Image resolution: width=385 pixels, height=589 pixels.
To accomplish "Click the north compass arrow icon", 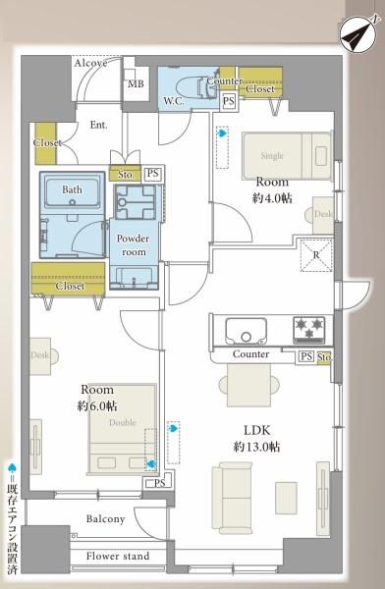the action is (x=358, y=34).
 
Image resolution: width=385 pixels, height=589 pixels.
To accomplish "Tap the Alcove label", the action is (x=90, y=63).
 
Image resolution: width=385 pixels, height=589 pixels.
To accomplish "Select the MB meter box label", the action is (x=136, y=83).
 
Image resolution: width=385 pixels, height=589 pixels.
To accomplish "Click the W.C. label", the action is (x=173, y=101).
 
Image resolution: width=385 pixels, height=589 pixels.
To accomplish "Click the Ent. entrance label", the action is (x=98, y=125).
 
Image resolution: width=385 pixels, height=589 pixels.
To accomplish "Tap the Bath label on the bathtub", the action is (x=72, y=189).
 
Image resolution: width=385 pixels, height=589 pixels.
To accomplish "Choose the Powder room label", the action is (x=134, y=245).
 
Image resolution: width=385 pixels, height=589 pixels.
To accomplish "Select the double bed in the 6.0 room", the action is (x=122, y=428).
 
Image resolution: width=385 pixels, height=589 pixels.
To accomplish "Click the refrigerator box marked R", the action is (x=316, y=255).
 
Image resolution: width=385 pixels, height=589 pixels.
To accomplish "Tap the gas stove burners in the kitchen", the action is (x=309, y=329).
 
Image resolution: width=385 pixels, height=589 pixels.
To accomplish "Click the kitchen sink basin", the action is (x=246, y=331).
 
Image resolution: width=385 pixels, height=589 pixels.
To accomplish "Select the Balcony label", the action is (x=105, y=519).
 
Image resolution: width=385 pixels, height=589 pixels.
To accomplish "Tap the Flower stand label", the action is (x=118, y=556).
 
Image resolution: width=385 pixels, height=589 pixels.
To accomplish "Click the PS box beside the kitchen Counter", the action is (x=305, y=356).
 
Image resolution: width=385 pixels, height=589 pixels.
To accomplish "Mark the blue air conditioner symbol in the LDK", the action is (x=173, y=428).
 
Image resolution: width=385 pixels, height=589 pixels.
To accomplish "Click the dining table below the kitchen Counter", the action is (x=249, y=386).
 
